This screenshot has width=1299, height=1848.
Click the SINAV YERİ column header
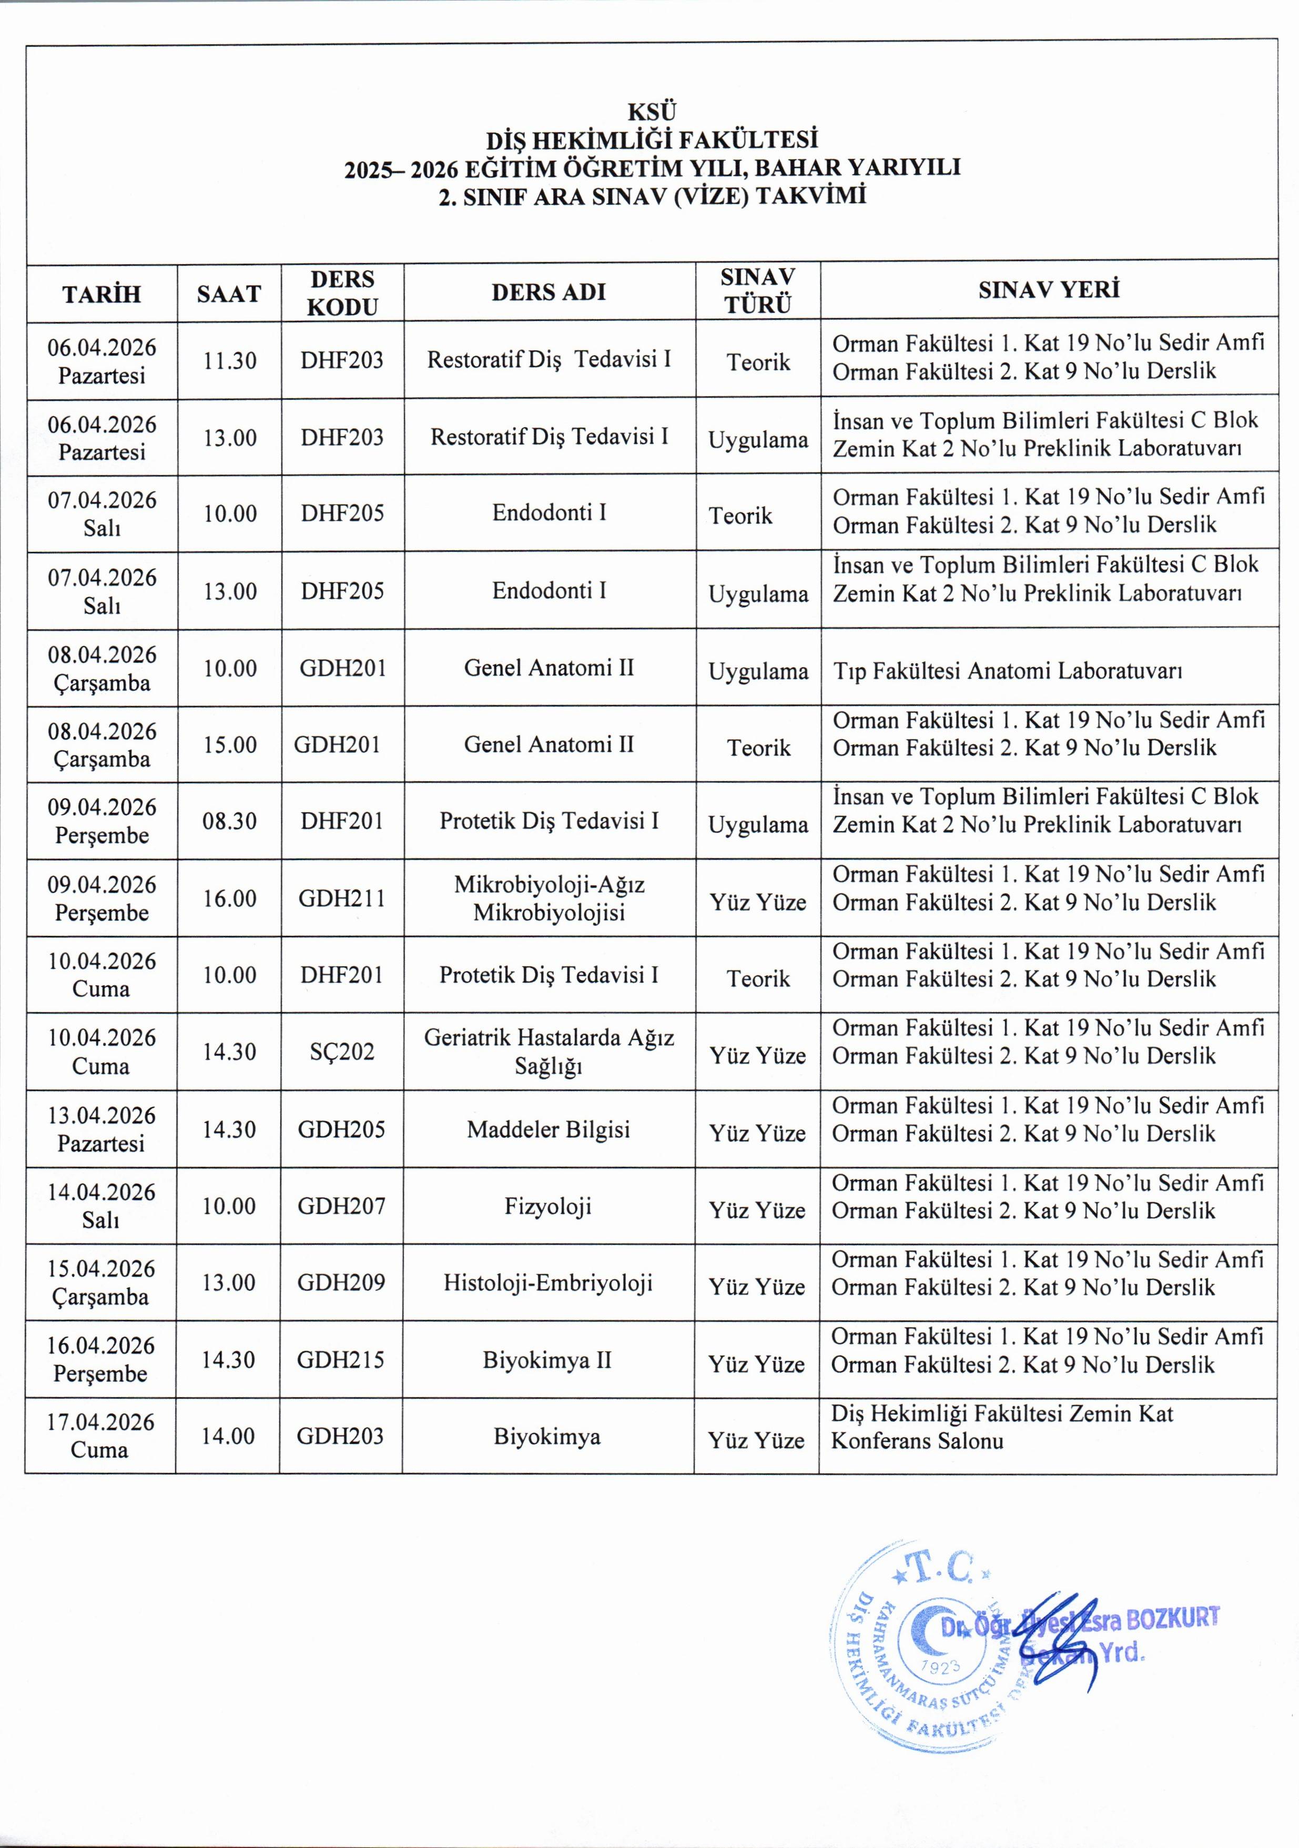click(1049, 290)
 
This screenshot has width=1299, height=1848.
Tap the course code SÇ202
click(342, 1051)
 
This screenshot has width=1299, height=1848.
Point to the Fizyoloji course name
click(548, 1206)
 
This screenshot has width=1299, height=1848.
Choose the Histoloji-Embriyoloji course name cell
click(548, 1282)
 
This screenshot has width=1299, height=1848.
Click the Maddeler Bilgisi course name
click(548, 1129)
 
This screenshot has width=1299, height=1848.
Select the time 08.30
click(229, 821)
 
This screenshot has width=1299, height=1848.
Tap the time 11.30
click(229, 360)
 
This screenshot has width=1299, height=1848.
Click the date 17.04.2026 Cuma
click(100, 1436)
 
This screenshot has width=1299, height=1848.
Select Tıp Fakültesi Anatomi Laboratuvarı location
click(1007, 671)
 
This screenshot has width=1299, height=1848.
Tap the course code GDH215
click(341, 1359)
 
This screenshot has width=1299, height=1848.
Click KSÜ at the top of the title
click(652, 111)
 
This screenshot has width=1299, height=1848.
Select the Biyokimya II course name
click(547, 1359)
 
